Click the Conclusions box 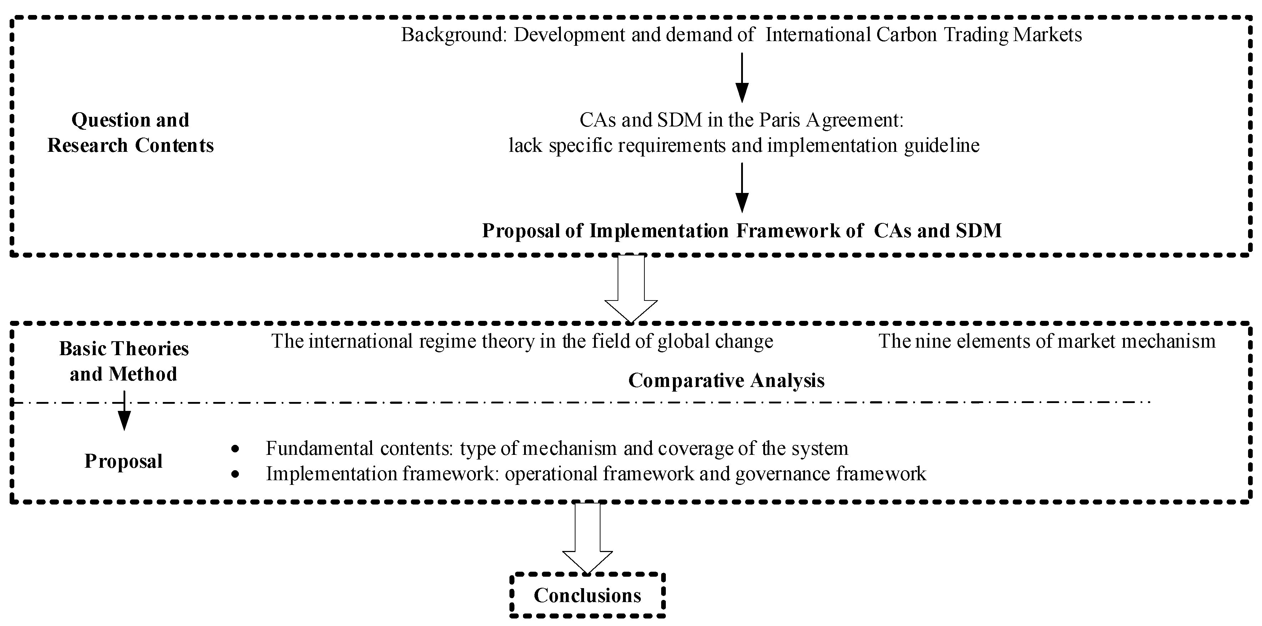tap(587, 595)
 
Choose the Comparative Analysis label tap(726, 381)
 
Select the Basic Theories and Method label tap(124, 361)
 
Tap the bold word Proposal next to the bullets tap(124, 461)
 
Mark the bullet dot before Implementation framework tap(236, 474)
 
